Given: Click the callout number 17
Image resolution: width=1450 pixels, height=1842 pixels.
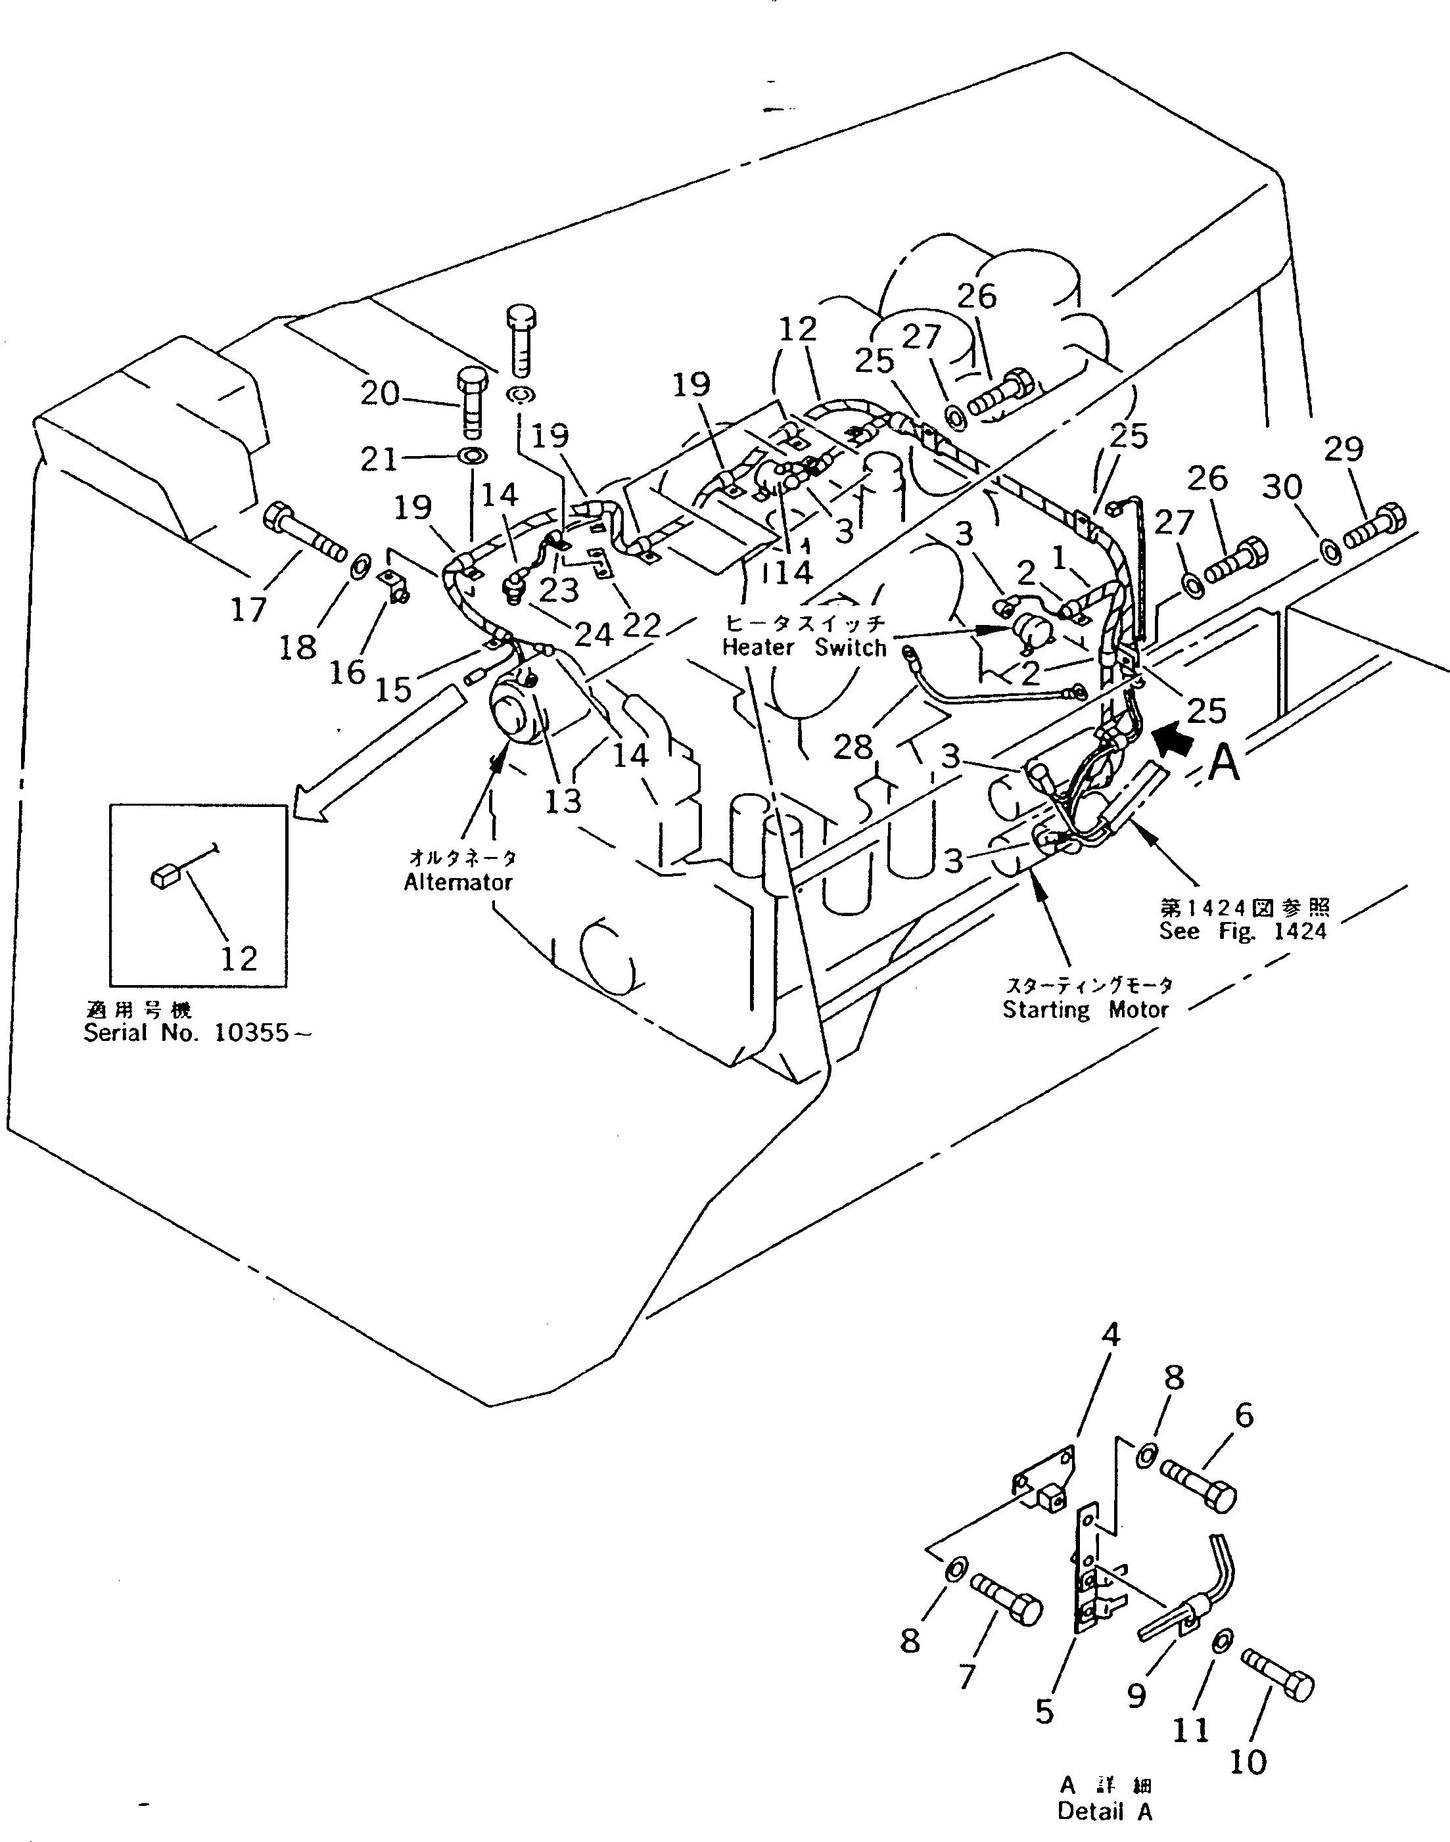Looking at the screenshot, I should [x=248, y=609].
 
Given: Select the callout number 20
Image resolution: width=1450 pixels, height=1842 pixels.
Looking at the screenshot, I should [x=379, y=393].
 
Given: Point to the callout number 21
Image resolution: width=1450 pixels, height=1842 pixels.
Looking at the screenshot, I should [x=379, y=459].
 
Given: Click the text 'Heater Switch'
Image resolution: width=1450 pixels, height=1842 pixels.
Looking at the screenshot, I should [x=803, y=648].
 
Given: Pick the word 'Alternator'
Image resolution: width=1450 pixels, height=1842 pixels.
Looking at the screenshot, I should [x=457, y=882].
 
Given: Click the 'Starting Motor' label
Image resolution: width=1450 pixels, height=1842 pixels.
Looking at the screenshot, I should [x=1085, y=1009].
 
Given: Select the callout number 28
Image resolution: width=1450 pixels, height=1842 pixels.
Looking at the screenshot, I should [x=853, y=747].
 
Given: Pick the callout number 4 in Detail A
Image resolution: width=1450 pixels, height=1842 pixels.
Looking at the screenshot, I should [x=1110, y=1335].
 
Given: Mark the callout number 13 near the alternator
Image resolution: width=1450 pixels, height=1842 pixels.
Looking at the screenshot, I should [x=562, y=800].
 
